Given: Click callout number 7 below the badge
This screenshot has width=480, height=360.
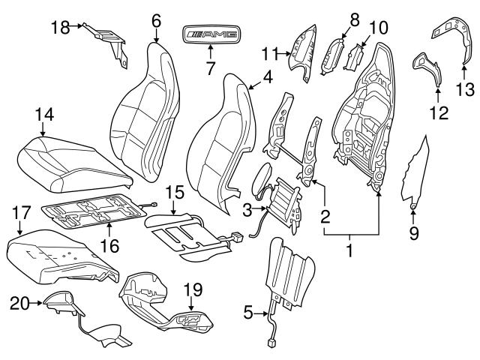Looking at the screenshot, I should pyautogui.click(x=211, y=68).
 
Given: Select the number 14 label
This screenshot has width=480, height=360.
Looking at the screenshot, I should pyautogui.click(x=45, y=114).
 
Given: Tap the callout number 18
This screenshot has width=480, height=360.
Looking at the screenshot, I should pyautogui.click(x=60, y=27).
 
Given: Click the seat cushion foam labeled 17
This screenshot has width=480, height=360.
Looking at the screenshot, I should pyautogui.click(x=60, y=259).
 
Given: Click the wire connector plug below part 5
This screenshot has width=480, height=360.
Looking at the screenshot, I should pyautogui.click(x=269, y=344).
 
